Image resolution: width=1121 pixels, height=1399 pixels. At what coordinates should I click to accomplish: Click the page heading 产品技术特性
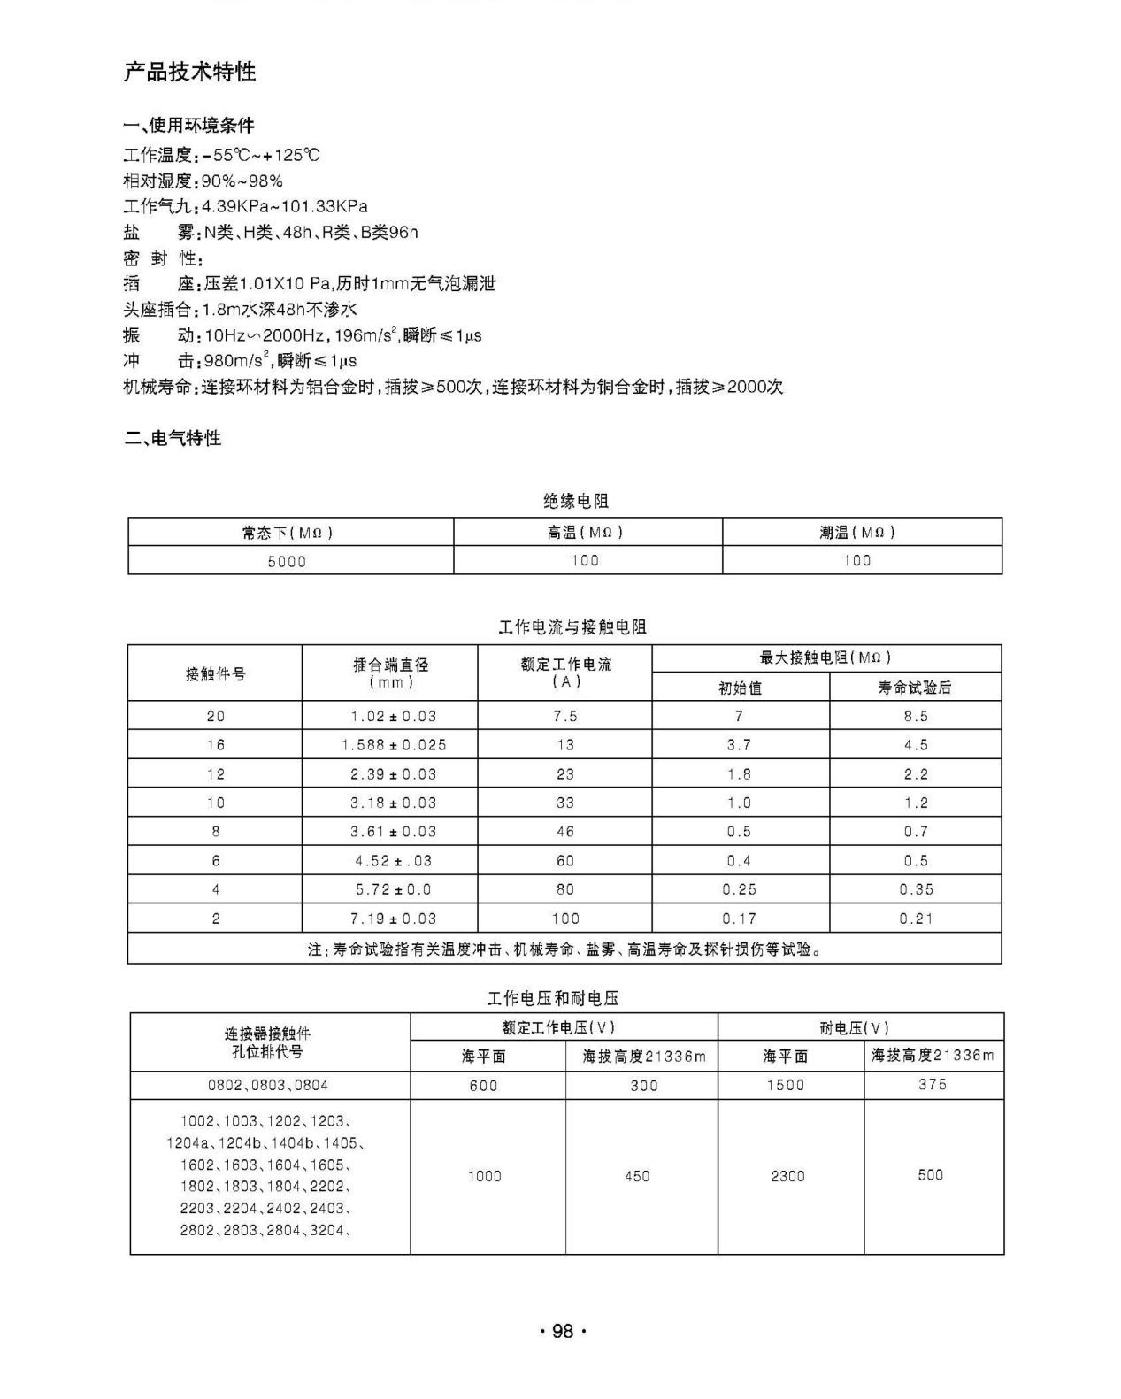(x=189, y=72)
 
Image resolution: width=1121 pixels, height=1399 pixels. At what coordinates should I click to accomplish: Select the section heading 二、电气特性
(x=173, y=438)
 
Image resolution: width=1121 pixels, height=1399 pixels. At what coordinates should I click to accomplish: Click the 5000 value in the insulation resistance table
(x=287, y=561)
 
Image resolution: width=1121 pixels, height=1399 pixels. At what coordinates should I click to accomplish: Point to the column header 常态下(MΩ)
(x=287, y=533)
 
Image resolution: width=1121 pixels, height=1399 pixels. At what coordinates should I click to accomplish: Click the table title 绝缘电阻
(x=576, y=502)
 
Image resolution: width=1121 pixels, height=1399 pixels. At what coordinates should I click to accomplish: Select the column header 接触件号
(x=215, y=674)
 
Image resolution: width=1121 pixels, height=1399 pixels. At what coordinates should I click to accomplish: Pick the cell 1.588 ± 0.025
(x=394, y=745)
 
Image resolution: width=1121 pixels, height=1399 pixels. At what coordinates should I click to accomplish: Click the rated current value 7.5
(x=565, y=716)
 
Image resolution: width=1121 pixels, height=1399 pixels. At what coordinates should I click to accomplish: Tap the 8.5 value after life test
(x=916, y=716)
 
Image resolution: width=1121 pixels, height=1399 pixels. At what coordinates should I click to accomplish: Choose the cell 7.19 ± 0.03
(x=394, y=919)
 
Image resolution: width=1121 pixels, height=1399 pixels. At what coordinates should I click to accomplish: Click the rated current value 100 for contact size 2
(x=565, y=919)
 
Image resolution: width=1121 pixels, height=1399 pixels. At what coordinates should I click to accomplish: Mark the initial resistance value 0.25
(x=739, y=889)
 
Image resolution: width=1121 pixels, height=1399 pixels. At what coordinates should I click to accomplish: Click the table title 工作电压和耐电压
(x=553, y=999)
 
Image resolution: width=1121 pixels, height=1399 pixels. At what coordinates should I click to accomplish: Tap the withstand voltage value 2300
(x=787, y=1176)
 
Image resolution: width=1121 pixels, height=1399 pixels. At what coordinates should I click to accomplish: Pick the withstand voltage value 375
(x=933, y=1085)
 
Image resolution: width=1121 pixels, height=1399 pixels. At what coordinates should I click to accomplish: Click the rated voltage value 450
(x=637, y=1176)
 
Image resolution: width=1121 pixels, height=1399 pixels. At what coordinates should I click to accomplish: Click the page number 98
(x=563, y=1332)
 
